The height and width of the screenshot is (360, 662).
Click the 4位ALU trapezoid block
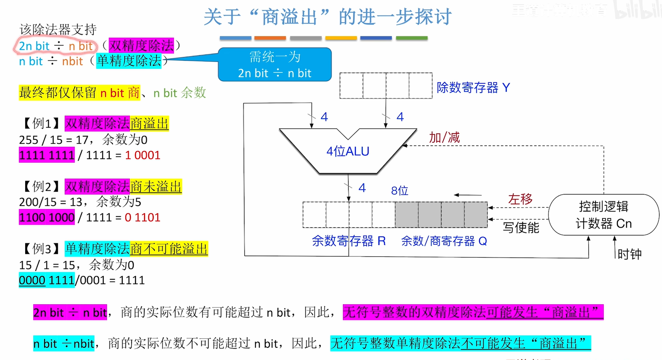(x=348, y=151)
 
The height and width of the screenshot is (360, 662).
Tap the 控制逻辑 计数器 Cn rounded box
(x=603, y=215)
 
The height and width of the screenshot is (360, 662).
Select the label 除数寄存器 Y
(x=473, y=87)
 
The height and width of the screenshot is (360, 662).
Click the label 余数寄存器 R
(x=348, y=241)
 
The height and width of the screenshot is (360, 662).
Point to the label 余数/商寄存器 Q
(x=444, y=241)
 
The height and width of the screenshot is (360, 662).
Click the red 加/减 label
(x=444, y=137)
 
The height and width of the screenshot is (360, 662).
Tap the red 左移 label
(x=520, y=199)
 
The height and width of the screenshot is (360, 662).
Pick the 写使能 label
(x=521, y=227)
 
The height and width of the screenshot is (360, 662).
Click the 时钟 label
(x=629, y=254)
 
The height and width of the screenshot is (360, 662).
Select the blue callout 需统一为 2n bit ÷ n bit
(x=275, y=65)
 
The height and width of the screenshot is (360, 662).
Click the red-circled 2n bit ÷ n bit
(x=56, y=46)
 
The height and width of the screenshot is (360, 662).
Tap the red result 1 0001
(x=143, y=155)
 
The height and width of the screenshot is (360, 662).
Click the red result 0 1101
(x=143, y=217)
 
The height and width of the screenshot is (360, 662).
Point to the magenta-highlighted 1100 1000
(x=47, y=217)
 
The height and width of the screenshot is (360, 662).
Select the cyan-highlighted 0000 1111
(x=47, y=280)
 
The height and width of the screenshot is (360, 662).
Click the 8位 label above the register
(x=399, y=191)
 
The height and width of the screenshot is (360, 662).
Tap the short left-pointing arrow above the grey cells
(x=468, y=195)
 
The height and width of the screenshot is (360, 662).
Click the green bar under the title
(x=411, y=38)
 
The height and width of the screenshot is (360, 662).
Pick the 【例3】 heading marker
(x=41, y=249)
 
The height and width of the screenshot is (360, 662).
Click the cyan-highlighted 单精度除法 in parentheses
(x=129, y=61)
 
